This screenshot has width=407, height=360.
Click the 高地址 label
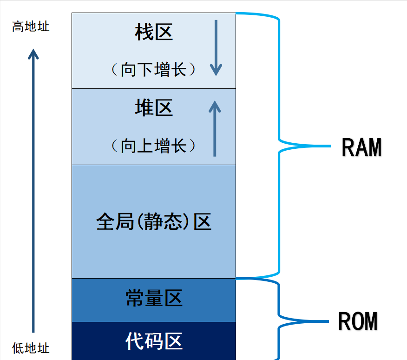[x=31, y=27]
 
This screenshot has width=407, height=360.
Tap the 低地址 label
[x=31, y=348]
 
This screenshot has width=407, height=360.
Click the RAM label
[x=361, y=148]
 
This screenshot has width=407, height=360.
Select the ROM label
[x=358, y=321]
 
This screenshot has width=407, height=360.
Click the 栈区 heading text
[x=154, y=33]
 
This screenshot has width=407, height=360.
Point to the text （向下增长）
[x=154, y=70]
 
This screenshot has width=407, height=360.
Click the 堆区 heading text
[x=154, y=108]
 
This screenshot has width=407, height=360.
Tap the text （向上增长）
[x=154, y=146]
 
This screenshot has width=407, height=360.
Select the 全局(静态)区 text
[x=154, y=222]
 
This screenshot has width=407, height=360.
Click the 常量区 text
[x=154, y=298]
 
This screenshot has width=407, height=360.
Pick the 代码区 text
[x=154, y=341]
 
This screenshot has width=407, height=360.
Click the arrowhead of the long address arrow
[x=33, y=54]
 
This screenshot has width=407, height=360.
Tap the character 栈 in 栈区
[x=144, y=33]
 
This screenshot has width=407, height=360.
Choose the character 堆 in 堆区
[x=144, y=108]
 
